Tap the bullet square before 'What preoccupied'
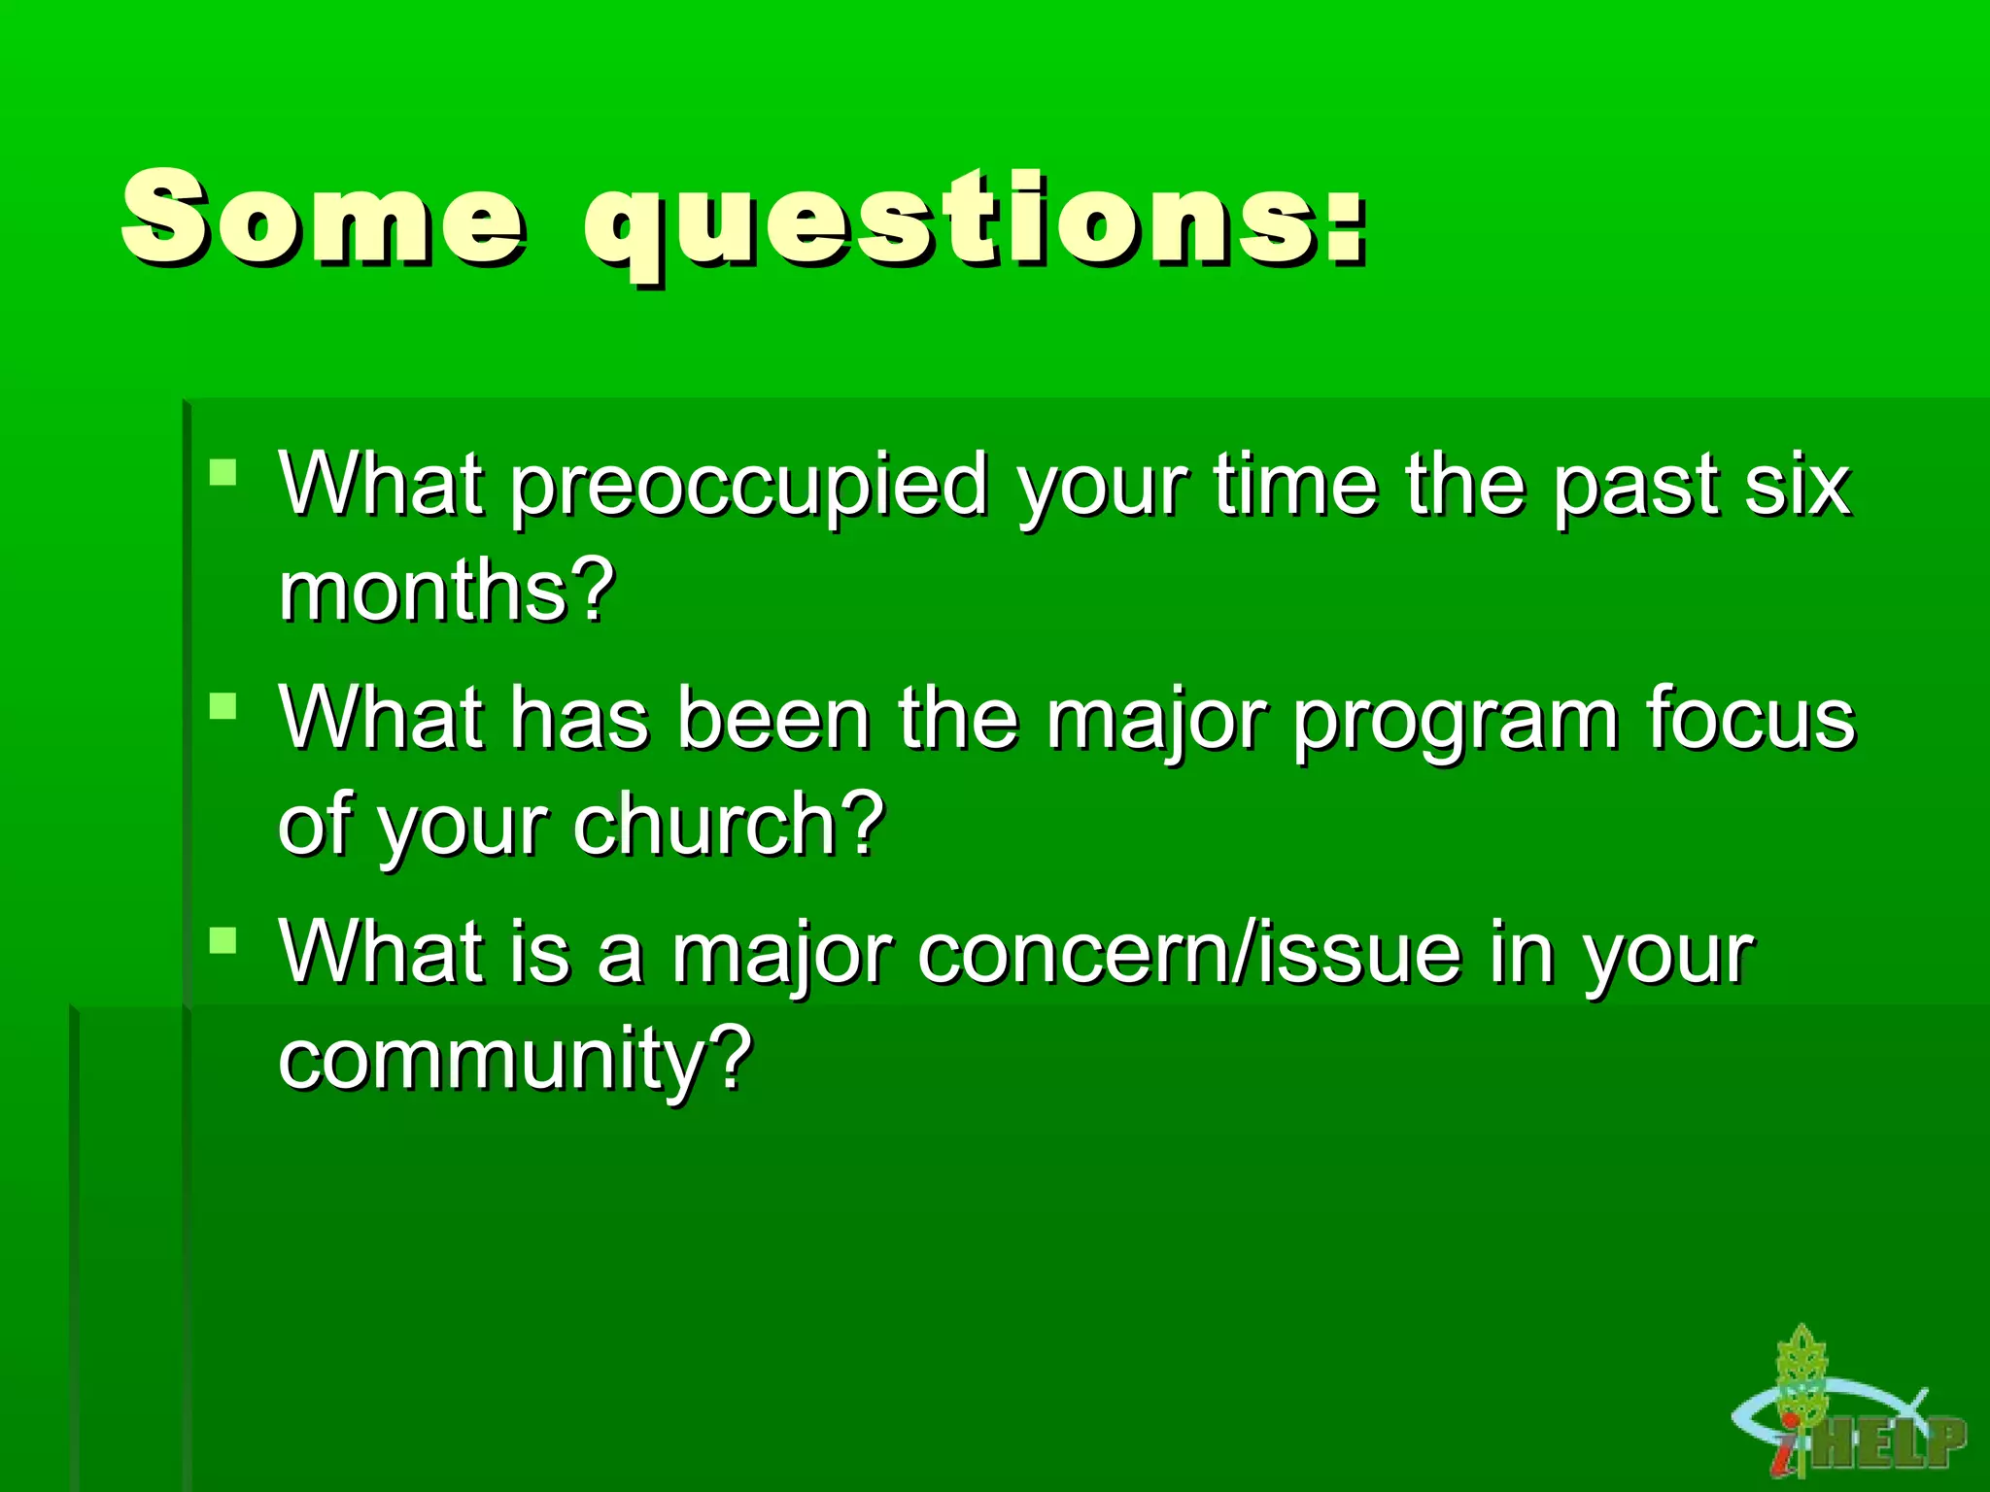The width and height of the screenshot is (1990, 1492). coord(223,473)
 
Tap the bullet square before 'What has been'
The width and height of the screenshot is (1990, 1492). coord(223,705)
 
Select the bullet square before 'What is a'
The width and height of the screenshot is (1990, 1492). coord(223,939)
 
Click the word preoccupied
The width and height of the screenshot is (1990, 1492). coord(748,486)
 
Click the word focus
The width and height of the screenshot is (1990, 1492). coord(1750,719)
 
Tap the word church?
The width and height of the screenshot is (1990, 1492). coord(729,825)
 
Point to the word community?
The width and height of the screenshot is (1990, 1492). coord(515,1059)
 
